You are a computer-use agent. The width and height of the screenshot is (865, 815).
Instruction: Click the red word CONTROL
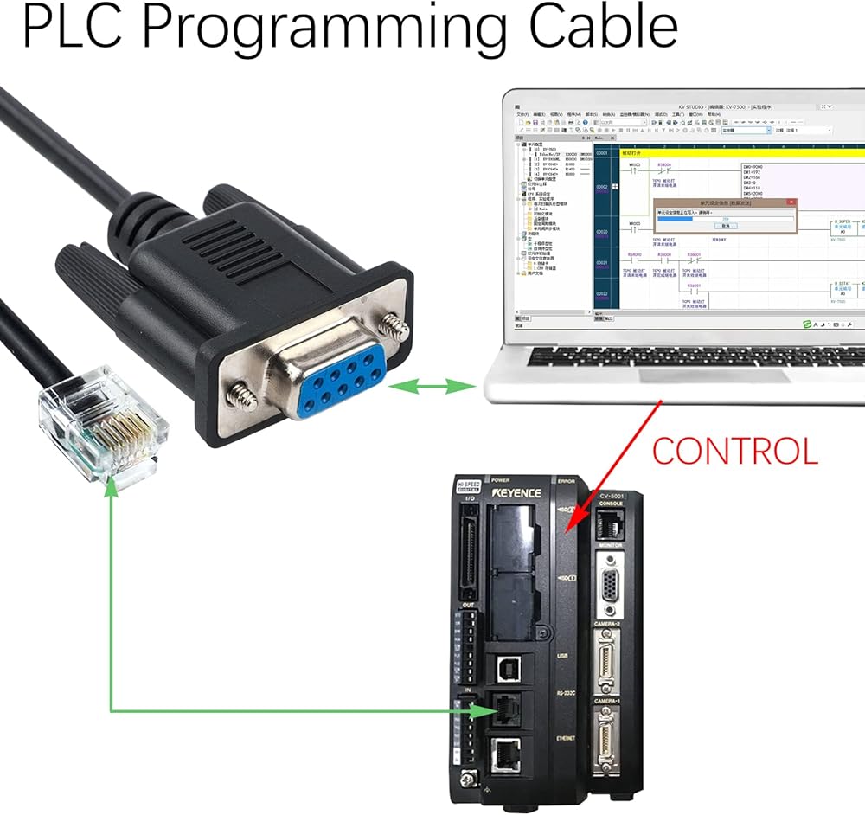[734, 451]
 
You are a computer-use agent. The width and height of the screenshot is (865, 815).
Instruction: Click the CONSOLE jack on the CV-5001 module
[612, 521]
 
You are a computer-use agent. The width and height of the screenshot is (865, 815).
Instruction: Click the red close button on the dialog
[790, 202]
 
